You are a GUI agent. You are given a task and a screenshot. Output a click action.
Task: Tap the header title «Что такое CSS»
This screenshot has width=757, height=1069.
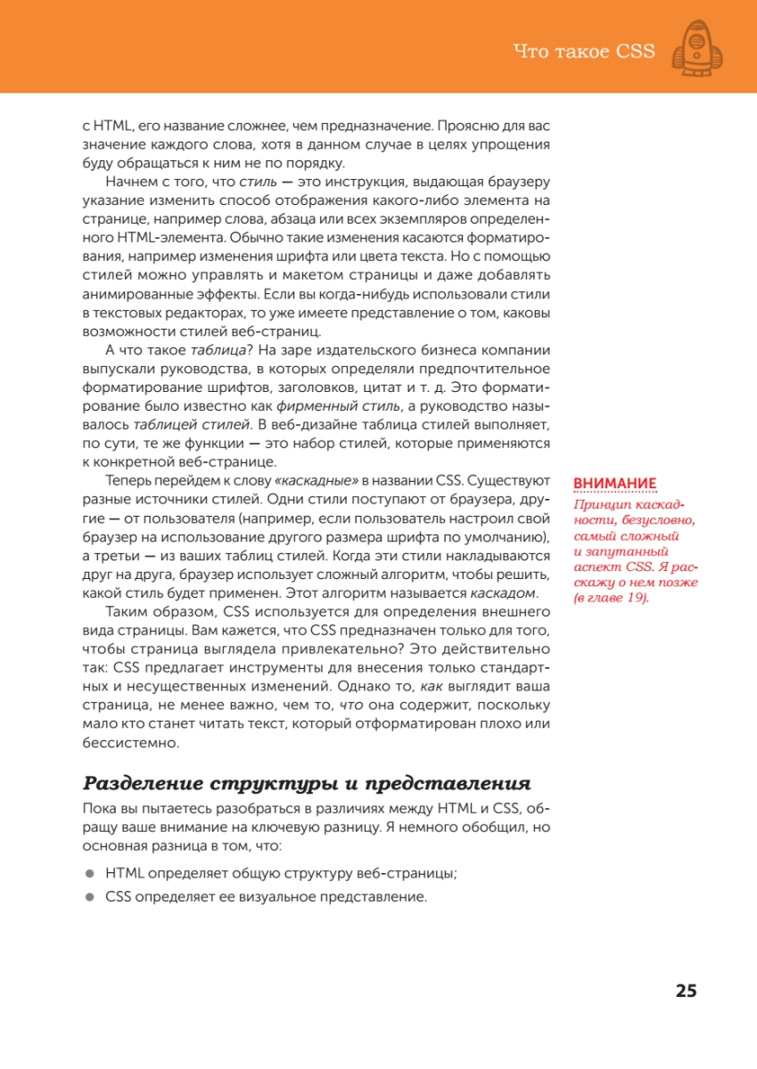click(x=584, y=52)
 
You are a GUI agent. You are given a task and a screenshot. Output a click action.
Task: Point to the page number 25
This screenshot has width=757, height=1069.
click(x=686, y=991)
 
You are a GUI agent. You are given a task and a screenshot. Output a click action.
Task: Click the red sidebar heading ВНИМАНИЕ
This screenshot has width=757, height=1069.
click(x=615, y=484)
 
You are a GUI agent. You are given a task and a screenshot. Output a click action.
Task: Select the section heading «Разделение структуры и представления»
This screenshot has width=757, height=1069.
click(x=307, y=784)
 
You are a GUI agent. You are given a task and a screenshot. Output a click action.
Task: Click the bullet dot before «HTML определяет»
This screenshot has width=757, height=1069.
click(x=89, y=874)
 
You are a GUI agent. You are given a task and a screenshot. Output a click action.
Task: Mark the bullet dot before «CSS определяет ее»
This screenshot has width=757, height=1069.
click(x=89, y=896)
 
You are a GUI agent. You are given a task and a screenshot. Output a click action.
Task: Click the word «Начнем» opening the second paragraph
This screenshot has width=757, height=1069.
click(x=128, y=183)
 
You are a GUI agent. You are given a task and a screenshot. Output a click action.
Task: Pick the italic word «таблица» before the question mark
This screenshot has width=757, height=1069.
click(x=217, y=349)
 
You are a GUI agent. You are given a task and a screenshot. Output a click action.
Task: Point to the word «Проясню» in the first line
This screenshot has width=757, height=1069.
click(x=455, y=126)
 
